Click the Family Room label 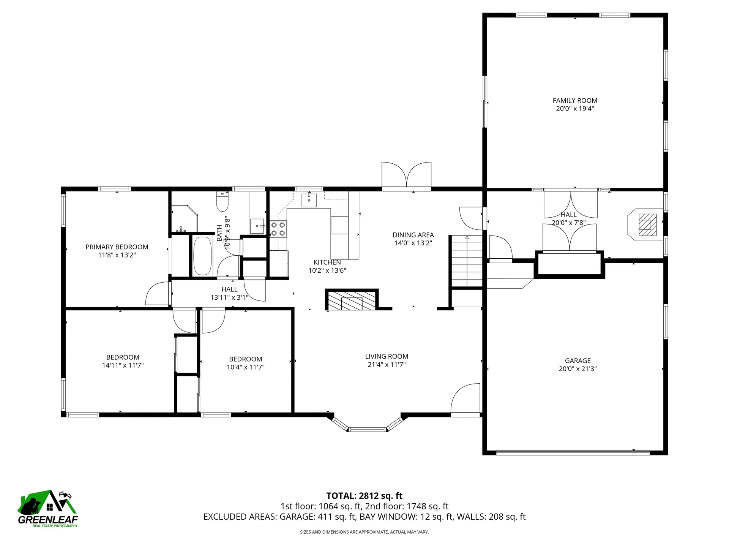coord(575,101)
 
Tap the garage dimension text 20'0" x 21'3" coord(578,368)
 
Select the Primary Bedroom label coord(117,247)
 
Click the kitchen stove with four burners coord(278,229)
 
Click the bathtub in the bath coord(202,256)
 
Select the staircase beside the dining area coord(467,261)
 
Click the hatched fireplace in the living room coord(352,301)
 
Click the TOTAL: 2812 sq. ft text coord(364,496)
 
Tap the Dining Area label coord(413,235)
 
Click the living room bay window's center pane coord(367,430)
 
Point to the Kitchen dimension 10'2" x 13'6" coord(327,270)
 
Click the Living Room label coord(387,356)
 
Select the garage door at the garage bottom coord(573,452)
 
